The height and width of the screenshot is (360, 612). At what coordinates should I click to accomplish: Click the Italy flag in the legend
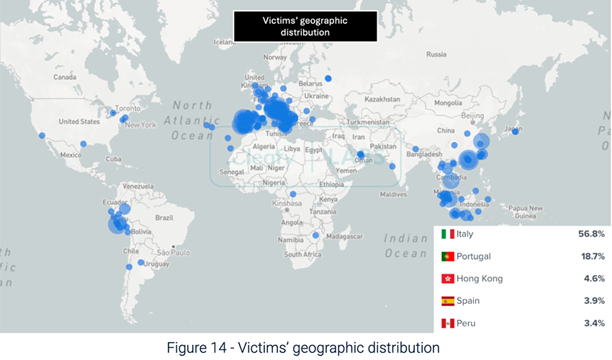tap(448, 234)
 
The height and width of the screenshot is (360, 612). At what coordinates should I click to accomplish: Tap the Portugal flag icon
tap(448, 256)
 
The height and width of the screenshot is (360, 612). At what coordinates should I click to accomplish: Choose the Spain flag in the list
tap(448, 301)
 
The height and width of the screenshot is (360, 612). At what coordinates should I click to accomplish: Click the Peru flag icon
tap(448, 323)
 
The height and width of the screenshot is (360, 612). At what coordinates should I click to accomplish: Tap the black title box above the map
tap(305, 26)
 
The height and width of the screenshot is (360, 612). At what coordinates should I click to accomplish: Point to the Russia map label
tap(436, 54)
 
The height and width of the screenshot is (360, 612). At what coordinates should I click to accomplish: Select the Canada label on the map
tap(65, 76)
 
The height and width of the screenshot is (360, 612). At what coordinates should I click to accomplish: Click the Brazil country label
tap(165, 217)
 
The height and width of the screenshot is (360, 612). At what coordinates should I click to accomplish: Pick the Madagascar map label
tap(343, 236)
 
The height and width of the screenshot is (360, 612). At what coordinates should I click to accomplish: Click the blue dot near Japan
tap(515, 131)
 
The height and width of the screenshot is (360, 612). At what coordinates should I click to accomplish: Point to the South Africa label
tap(302, 254)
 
